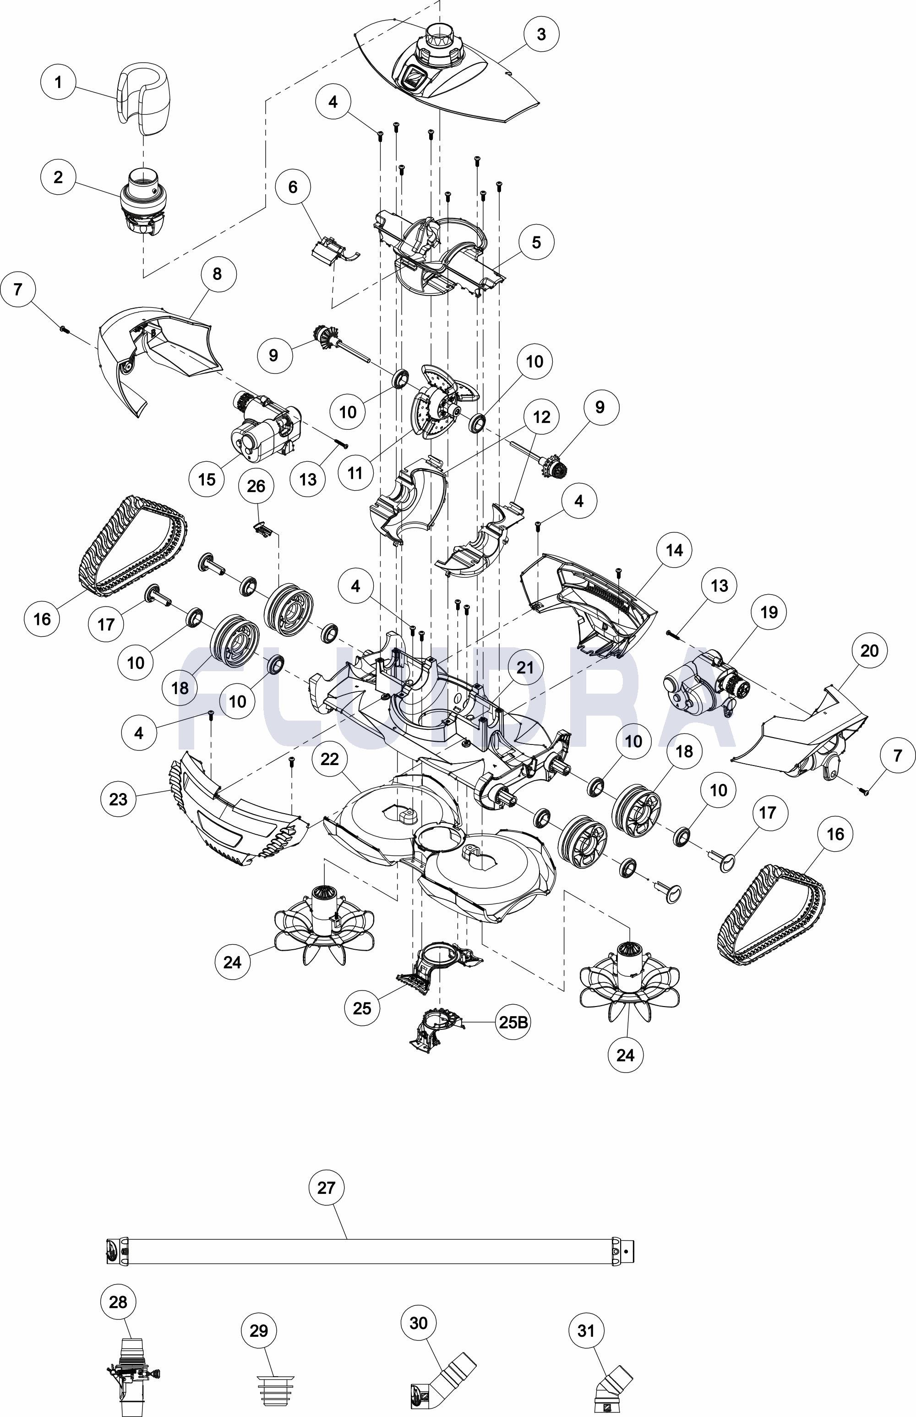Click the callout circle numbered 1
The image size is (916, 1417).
click(58, 82)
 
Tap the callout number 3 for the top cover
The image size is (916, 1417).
click(541, 34)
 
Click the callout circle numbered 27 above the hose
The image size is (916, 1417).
click(327, 1188)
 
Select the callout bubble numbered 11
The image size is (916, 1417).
click(355, 473)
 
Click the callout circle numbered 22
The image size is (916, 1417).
click(329, 759)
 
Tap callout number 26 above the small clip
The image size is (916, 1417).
click(256, 487)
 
